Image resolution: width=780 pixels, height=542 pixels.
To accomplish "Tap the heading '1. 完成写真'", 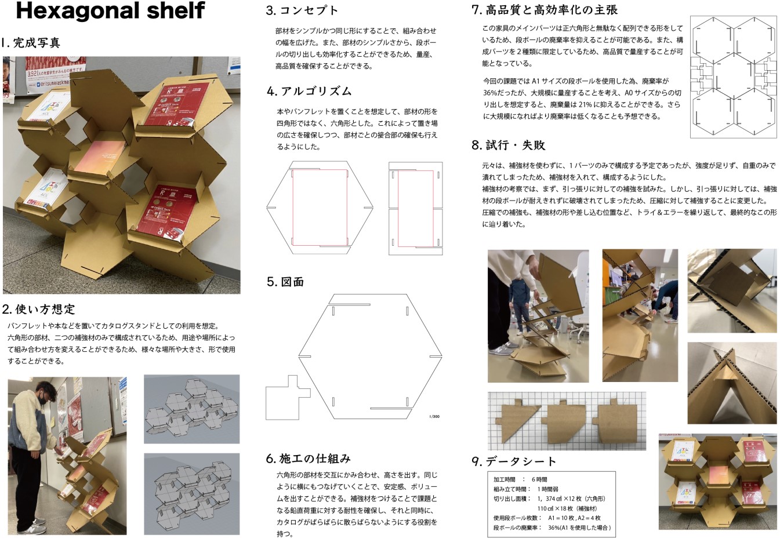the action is [x=31, y=43].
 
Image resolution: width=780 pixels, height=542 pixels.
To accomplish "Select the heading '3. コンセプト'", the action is [x=302, y=10].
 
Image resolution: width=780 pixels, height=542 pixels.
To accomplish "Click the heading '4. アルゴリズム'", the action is [x=309, y=91].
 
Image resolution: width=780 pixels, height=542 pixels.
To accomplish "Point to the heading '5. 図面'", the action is [x=285, y=282].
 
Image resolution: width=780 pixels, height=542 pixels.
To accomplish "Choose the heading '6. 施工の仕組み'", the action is [x=308, y=459].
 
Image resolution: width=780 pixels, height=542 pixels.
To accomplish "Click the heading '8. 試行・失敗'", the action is [x=509, y=145].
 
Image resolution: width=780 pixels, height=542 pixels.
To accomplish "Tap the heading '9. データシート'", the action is [x=514, y=461].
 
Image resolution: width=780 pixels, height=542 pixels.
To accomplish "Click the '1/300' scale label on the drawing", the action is [x=434, y=416].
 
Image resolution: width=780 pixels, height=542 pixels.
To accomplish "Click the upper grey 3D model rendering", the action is [x=192, y=409].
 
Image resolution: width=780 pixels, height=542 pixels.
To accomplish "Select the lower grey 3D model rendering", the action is [x=192, y=494].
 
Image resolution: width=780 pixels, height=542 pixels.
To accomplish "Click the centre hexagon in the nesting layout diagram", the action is [x=734, y=77].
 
